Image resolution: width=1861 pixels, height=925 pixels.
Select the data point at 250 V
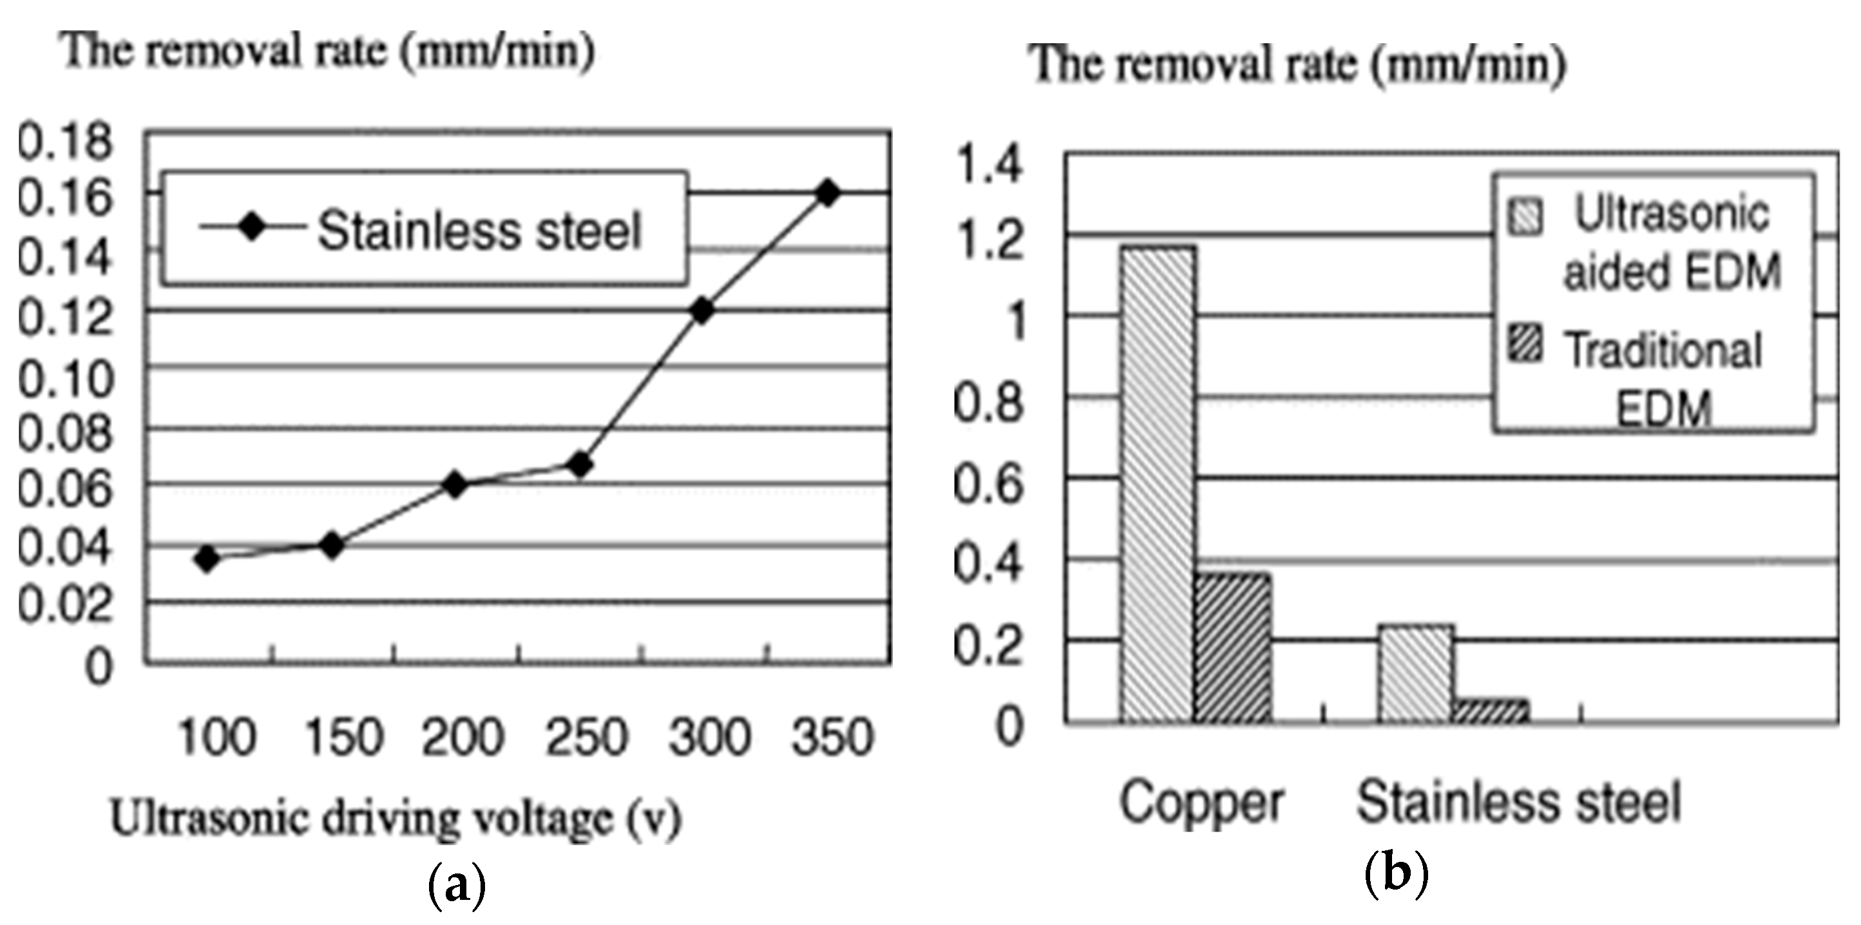coord(579,464)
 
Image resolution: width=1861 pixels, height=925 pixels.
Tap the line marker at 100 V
coord(207,558)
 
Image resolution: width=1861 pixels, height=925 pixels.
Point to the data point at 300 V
coord(701,310)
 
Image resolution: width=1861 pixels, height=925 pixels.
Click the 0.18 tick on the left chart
coord(65,141)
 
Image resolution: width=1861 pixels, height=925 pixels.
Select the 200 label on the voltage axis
coord(463,738)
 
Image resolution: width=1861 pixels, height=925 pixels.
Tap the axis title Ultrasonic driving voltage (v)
coord(396,818)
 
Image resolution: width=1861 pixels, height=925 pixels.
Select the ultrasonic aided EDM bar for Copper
coord(1158,484)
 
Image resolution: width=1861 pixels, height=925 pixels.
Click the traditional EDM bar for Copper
coord(1232,647)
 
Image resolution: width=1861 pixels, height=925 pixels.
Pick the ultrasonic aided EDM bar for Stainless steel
coord(1416,674)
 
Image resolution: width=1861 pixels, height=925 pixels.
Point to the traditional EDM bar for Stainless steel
coord(1491,711)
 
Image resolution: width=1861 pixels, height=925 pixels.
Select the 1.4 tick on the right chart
coord(988,164)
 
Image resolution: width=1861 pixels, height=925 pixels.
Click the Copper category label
coord(1201,802)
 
